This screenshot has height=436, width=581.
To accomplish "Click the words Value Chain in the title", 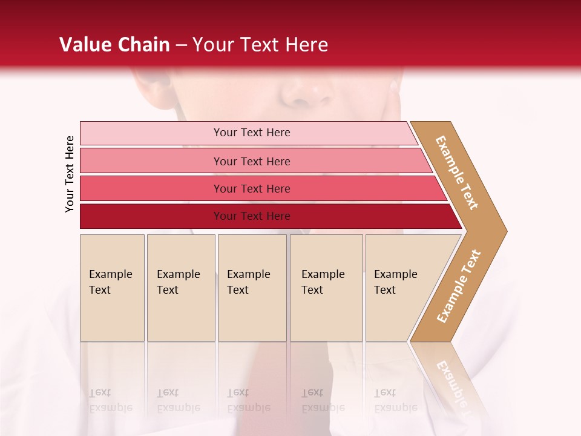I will click(x=114, y=45).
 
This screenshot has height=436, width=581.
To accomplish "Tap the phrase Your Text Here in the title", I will click(x=260, y=45).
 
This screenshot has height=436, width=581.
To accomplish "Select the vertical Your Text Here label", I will click(x=70, y=174).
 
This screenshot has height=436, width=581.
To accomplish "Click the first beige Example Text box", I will click(x=112, y=303).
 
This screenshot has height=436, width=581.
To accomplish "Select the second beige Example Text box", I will click(x=181, y=303).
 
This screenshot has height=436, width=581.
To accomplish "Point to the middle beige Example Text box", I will click(x=252, y=303).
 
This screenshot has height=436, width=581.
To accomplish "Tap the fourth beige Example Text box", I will click(x=326, y=303).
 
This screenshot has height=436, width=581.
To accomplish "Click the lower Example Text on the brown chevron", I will click(x=459, y=286).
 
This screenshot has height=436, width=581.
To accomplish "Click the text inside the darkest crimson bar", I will click(x=252, y=216).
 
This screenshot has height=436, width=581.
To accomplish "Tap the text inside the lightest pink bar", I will click(x=252, y=133).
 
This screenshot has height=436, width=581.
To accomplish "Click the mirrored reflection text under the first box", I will click(x=110, y=400).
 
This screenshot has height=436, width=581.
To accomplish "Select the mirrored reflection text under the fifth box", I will click(x=395, y=400).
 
